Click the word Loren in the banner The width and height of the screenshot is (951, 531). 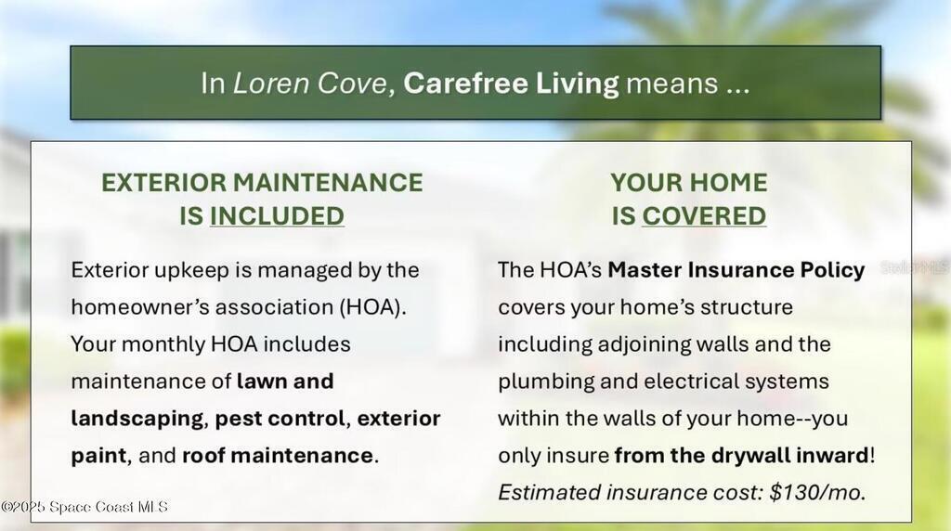tap(271, 83)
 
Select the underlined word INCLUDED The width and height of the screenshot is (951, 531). tap(277, 216)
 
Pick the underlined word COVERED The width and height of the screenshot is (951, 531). tap(704, 216)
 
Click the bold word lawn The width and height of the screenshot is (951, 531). tap(260, 382)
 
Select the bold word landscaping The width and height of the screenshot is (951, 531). tap(137, 419)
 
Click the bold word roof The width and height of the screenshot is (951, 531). tap(203, 455)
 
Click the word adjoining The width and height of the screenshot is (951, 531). tap(645, 344)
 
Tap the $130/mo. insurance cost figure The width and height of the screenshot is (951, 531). tap(817, 492)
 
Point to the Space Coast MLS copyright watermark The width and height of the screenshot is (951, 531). tap(85, 507)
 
